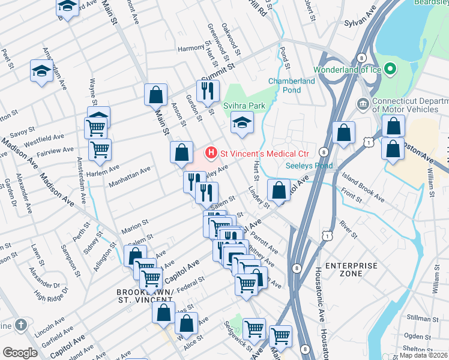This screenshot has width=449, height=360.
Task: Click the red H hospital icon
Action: pyautogui.click(x=211, y=153)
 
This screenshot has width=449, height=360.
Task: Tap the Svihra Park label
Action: pyautogui.click(x=244, y=106)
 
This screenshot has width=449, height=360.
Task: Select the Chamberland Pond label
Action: pyautogui.click(x=292, y=85)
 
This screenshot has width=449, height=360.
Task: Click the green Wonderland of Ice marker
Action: pyautogui.click(x=390, y=70)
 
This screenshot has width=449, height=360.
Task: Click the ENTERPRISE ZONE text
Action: pyautogui.click(x=351, y=269)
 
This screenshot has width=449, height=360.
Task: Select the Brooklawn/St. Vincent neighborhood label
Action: pyautogui.click(x=145, y=296)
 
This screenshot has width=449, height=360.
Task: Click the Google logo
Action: pyautogui.click(x=20, y=353)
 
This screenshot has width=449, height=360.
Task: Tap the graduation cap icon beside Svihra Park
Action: pyautogui.click(x=242, y=123)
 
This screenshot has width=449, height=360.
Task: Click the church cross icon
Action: pyautogui.click(x=21, y=326)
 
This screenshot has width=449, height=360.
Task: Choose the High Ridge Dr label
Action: pyautogui.click(x=49, y=295)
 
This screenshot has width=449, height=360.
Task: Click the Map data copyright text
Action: pyautogui.click(x=425, y=355)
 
